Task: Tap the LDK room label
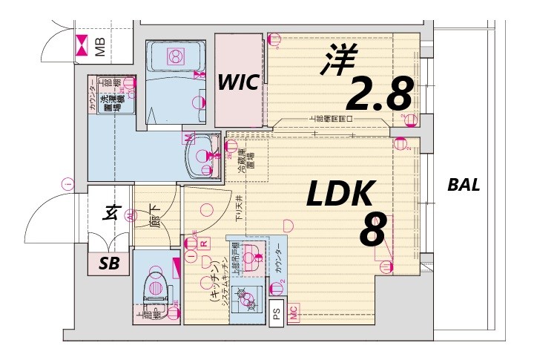(x=340, y=194)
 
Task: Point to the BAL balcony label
(x=464, y=186)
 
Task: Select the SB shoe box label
(x=109, y=264)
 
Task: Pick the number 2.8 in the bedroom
(x=378, y=94)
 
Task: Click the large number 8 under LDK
(x=372, y=232)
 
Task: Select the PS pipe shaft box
(x=277, y=315)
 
